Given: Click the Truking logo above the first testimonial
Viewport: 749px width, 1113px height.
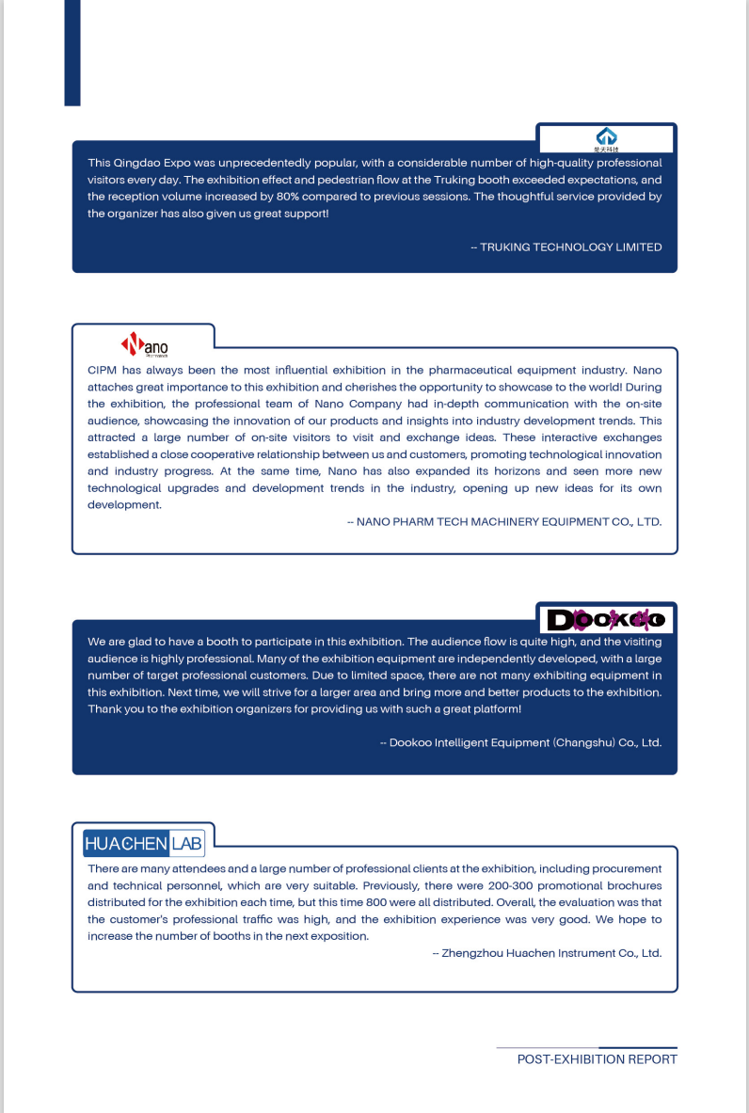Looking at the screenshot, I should click(x=606, y=138).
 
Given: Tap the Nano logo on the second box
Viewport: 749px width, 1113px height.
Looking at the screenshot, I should click(x=144, y=345).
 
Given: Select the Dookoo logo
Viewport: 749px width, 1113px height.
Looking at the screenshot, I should click(x=606, y=619).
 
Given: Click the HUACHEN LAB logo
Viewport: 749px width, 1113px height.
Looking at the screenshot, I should click(x=144, y=843).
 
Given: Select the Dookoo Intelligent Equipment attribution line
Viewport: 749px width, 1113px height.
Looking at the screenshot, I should click(x=520, y=742).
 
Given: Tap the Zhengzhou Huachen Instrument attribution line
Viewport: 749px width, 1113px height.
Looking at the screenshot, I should click(x=547, y=953).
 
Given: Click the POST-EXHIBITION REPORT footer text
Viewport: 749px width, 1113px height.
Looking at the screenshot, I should click(x=597, y=1059).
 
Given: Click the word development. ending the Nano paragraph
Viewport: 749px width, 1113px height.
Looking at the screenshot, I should click(x=124, y=505).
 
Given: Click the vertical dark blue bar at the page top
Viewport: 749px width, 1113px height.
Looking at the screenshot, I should click(x=72, y=52).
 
